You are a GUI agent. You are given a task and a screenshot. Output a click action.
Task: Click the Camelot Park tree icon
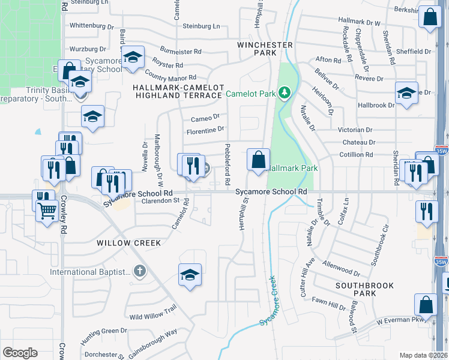[285, 93]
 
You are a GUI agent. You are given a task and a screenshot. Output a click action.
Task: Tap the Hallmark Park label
[292, 169]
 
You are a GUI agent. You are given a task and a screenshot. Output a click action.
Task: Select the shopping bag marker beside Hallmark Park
[258, 160]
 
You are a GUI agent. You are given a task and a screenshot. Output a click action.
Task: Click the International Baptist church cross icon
[140, 272]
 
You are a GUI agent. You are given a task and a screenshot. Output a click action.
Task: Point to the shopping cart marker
[47, 211]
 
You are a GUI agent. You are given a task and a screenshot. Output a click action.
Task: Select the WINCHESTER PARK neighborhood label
[265, 49]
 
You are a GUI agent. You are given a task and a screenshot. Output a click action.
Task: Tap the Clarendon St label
[153, 202]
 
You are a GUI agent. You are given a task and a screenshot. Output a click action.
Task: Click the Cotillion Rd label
[357, 155]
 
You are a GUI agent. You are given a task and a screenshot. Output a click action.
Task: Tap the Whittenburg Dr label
[91, 26]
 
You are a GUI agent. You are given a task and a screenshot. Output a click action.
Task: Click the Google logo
[20, 353]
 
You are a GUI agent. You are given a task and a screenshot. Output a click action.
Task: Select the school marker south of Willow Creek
[190, 275]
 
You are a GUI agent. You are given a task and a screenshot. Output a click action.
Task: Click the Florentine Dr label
[204, 129]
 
